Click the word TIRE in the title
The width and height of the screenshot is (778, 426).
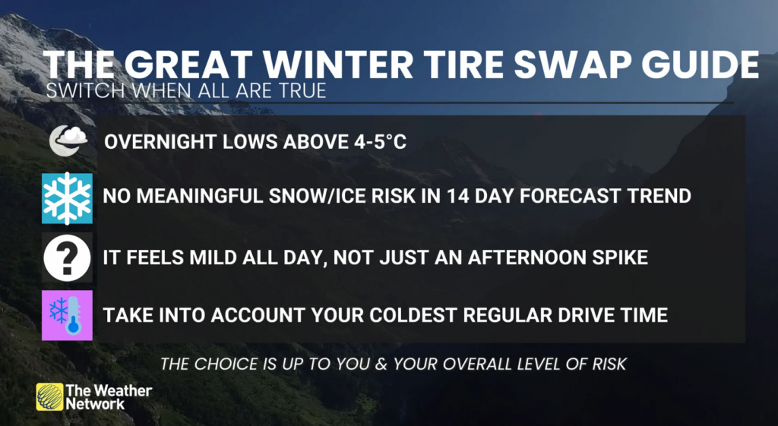coord(461,65)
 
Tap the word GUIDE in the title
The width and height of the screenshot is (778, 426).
coord(700,65)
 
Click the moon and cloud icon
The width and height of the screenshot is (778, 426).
coord(68,140)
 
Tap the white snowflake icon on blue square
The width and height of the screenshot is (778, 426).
coord(67,198)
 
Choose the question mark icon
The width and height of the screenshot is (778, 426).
coord(67,258)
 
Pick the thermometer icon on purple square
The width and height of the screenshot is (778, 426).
coord(67,315)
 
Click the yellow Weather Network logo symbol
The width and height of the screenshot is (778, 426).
coord(49,396)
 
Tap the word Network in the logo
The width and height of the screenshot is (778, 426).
coord(95,404)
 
